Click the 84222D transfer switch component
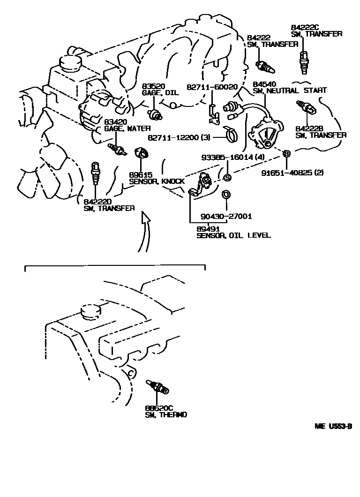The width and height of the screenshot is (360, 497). coord(95,173)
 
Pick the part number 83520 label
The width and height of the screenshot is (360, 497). coord(154,86)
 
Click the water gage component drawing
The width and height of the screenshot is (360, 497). coord(117,149)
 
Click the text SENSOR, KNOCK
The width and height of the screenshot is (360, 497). coord(157,181)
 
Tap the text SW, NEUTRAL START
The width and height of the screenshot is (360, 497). coord(290,90)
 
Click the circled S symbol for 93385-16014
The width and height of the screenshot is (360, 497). coord(226,178)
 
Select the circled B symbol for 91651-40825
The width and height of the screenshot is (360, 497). coord(287,154)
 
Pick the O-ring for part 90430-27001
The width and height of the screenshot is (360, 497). coord(226,194)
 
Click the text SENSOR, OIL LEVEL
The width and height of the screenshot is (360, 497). coord(233,235)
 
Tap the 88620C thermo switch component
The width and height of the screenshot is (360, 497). coord(158,387)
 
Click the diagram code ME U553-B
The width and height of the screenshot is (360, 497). coord(333,427)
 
